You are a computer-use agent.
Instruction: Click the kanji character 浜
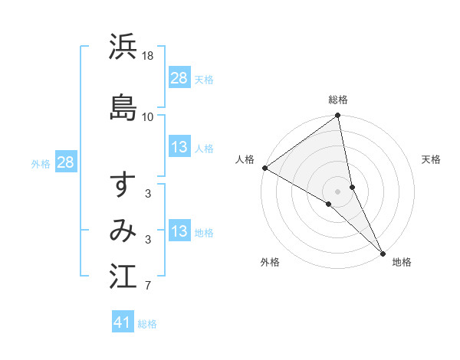[x=123, y=47]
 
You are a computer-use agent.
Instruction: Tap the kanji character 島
[x=123, y=105]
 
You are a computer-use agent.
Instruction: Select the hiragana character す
[x=123, y=186]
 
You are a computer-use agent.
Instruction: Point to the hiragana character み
[x=123, y=231]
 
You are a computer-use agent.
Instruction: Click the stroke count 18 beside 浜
[x=148, y=56]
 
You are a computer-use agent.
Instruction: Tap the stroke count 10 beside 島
[x=148, y=116]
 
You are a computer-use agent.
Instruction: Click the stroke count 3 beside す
[x=148, y=194]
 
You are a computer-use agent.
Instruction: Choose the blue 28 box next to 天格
[x=179, y=77]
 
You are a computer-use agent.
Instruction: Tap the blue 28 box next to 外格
[x=65, y=162]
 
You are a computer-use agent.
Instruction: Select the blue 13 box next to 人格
[x=179, y=147]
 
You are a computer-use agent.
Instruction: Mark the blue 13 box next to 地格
[x=179, y=231]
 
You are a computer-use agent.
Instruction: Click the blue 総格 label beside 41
[x=147, y=324]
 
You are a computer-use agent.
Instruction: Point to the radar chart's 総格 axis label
[x=338, y=100]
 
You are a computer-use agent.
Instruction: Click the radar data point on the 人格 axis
[x=264, y=168]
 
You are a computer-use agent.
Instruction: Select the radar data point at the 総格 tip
[x=338, y=116]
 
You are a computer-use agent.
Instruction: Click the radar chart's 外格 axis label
[x=270, y=262]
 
